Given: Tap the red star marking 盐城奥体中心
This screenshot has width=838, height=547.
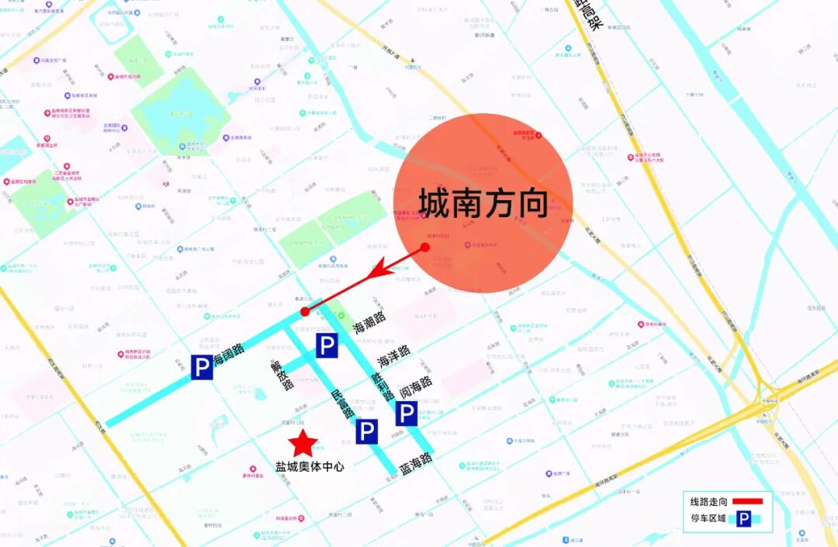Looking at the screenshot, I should [x=303, y=444].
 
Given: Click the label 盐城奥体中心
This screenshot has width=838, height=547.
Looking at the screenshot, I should [x=310, y=467].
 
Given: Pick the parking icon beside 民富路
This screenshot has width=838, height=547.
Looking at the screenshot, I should [x=367, y=431].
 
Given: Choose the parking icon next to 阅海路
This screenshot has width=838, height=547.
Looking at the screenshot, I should [x=407, y=414].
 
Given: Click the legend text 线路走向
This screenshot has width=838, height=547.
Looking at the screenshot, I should [x=706, y=502].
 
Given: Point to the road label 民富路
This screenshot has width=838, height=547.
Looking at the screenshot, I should [x=343, y=403].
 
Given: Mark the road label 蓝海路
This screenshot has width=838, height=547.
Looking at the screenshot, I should [x=416, y=464].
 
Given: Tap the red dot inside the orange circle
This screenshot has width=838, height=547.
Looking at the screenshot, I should [x=425, y=248].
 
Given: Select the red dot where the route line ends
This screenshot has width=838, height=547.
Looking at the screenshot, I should [x=305, y=312].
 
